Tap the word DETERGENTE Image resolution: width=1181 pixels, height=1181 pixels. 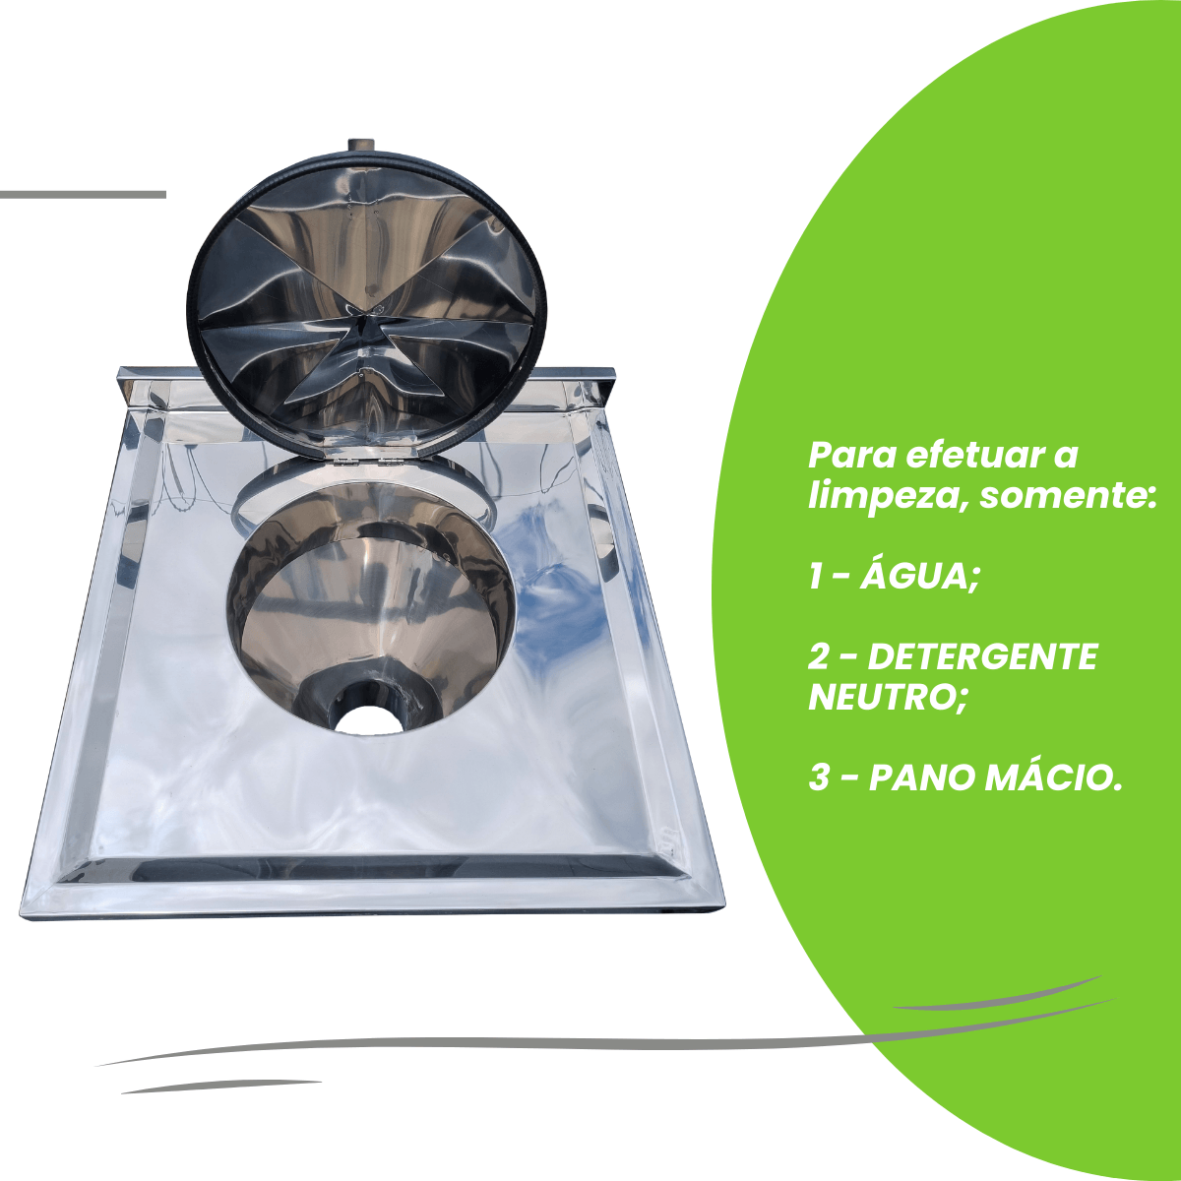coord(983,657)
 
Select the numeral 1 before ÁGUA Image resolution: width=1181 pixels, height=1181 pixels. coord(815,577)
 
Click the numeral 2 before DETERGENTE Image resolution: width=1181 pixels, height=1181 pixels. coord(819,657)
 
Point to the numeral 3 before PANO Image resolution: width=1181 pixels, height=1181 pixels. coord(819,778)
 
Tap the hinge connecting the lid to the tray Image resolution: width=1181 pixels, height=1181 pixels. coord(370,460)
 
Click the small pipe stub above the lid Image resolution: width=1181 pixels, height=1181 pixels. coord(362,146)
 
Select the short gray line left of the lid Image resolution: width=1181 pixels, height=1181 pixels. coord(83,194)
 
